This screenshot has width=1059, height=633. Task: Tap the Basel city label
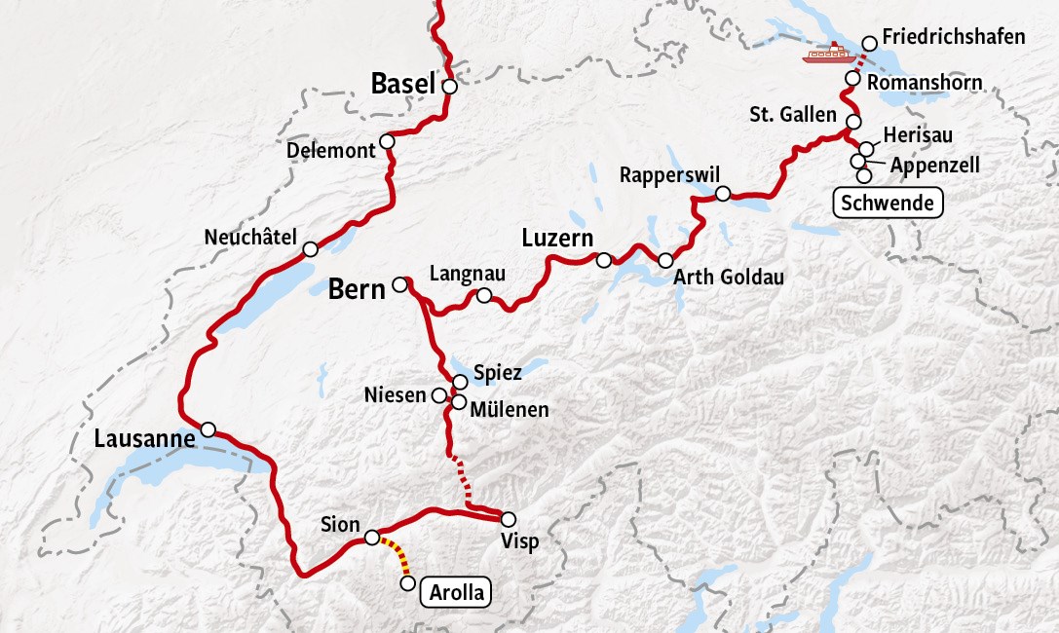coord(401,85)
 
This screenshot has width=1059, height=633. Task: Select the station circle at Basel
coord(449,86)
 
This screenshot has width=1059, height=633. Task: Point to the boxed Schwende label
coord(888,204)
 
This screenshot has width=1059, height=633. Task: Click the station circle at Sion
coord(371,538)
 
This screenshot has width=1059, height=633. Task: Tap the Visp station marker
coord(507,519)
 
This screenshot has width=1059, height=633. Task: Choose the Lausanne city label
coord(145,439)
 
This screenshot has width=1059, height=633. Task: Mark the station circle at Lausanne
coord(208,429)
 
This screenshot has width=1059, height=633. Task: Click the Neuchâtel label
coord(249,238)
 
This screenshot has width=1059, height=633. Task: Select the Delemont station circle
coord(387,142)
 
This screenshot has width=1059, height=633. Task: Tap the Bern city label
coord(357,289)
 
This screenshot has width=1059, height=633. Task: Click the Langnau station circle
coord(484,295)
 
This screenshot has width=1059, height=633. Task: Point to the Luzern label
coord(556,239)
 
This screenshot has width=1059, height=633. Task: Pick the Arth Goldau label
coord(729,278)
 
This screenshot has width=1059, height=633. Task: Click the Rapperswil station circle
coord(723,194)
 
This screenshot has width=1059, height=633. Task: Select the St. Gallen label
coord(792,115)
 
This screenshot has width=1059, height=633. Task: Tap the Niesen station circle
coord(438,395)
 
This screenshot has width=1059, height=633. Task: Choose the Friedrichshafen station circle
coord(870,44)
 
